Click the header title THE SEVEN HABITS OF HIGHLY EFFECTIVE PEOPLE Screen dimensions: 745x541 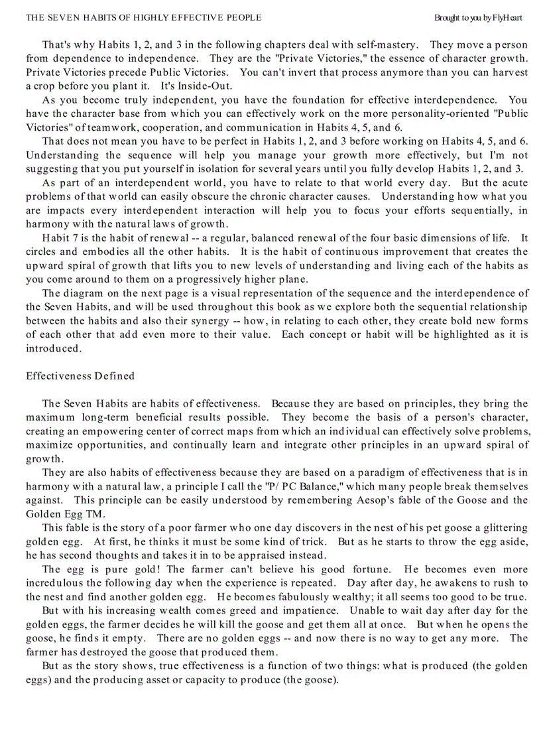pos(144,18)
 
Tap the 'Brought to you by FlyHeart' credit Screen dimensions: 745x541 pos(478,18)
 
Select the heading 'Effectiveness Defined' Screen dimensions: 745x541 pos(80,376)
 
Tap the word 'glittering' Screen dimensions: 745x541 pos(503,528)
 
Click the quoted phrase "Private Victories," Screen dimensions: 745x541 pos(279,58)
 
